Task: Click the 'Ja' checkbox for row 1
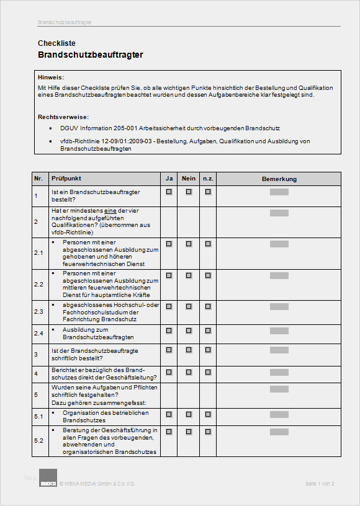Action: [169, 192]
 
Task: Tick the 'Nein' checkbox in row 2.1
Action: [189, 244]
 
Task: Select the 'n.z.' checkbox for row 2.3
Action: [208, 306]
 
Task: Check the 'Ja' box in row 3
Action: [169, 350]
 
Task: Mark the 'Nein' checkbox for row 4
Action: [189, 371]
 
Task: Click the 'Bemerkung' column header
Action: [279, 179]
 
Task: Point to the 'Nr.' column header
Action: [38, 179]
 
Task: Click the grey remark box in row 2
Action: [279, 213]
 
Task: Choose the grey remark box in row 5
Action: [279, 389]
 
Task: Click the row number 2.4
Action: [38, 334]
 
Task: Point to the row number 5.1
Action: [38, 416]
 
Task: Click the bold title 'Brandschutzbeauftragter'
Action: [91, 55]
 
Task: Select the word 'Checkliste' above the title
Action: [56, 43]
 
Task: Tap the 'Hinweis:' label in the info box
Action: [51, 78]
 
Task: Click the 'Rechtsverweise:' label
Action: [63, 117]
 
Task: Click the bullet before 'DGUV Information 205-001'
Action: [50, 128]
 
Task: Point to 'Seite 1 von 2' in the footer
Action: [320, 484]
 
